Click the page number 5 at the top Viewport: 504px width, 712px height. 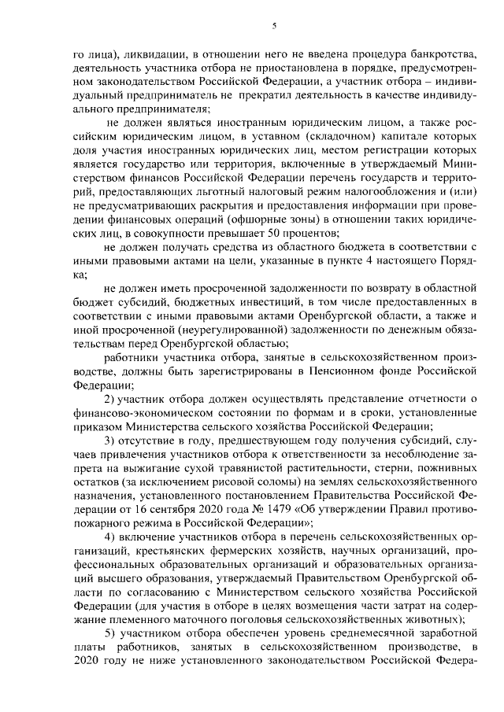[274, 25]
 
